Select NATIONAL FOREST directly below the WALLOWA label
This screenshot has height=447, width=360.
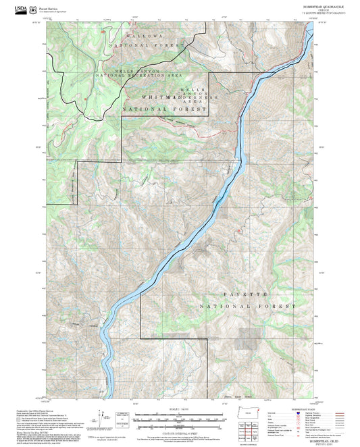click(153, 45)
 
